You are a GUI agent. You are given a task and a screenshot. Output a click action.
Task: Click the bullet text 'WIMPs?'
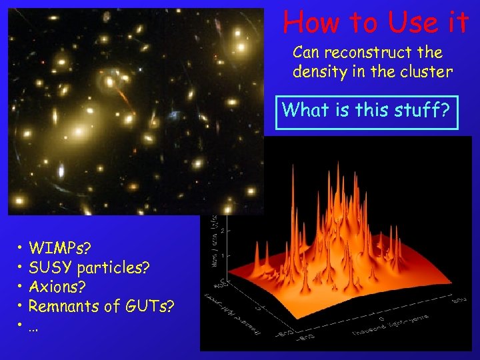[60, 249]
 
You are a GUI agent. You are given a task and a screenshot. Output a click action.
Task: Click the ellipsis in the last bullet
[33, 327]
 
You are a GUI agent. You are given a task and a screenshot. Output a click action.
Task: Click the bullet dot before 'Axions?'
[22, 288]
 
